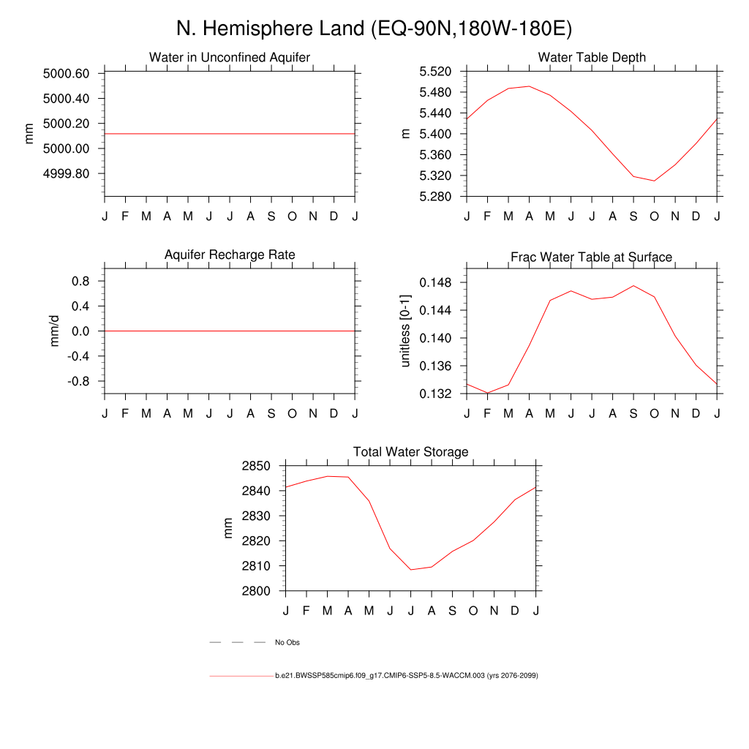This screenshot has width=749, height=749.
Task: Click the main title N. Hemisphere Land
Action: pyautogui.click(x=374, y=29)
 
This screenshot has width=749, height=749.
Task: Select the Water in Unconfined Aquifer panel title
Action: pyautogui.click(x=230, y=57)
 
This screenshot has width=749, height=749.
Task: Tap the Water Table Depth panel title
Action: pyautogui.click(x=592, y=57)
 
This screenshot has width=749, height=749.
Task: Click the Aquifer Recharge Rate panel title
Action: pyautogui.click(x=230, y=255)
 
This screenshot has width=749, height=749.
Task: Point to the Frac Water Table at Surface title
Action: pyautogui.click(x=591, y=257)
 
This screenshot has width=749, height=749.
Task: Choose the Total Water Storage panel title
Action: pyautogui.click(x=410, y=452)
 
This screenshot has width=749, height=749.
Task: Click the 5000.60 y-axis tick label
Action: pyautogui.click(x=66, y=74)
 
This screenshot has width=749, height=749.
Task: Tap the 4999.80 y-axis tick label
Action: pyautogui.click(x=66, y=174)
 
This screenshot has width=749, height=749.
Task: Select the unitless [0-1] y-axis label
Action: pyautogui.click(x=406, y=331)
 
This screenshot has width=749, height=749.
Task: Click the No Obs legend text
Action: pyautogui.click(x=287, y=643)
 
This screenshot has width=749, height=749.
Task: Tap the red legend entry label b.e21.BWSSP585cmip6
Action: pyautogui.click(x=406, y=676)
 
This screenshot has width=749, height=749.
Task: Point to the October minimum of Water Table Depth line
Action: pyautogui.click(x=655, y=181)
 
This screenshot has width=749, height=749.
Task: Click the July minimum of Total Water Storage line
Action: pyautogui.click(x=411, y=569)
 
